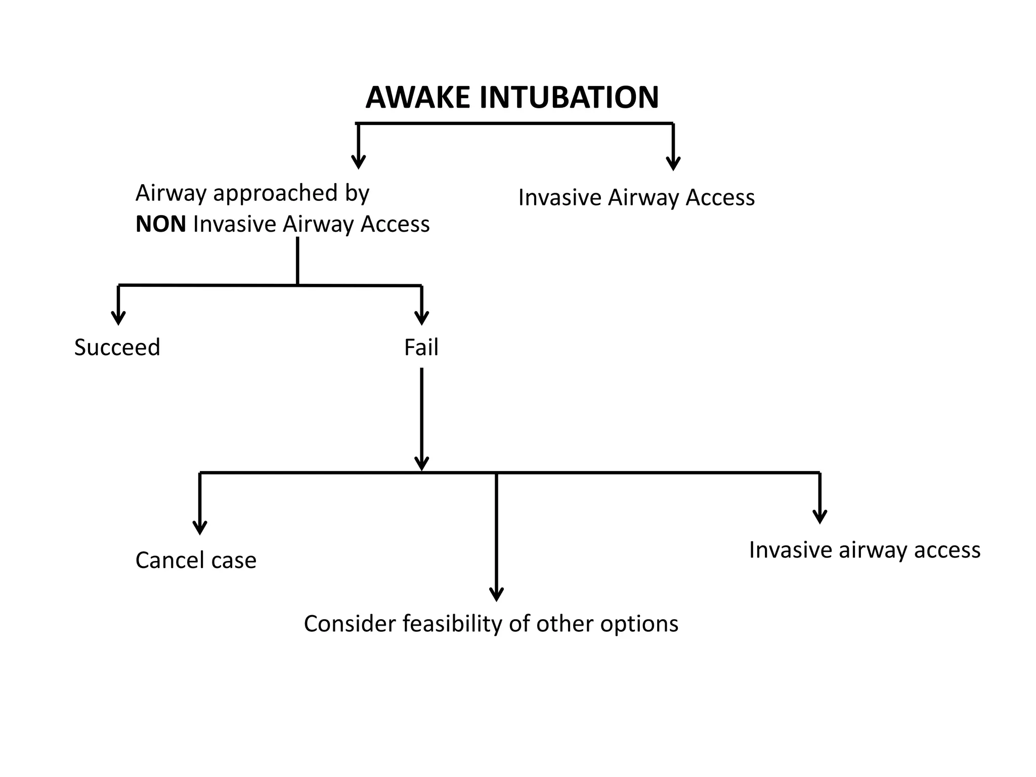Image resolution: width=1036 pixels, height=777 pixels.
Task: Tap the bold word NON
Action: (160, 224)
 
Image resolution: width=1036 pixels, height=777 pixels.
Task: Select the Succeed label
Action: (117, 348)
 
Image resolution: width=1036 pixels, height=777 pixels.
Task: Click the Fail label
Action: (421, 348)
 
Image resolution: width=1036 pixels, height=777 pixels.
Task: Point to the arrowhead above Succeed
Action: (118, 318)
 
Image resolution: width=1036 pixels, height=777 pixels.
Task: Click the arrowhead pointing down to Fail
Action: (421, 318)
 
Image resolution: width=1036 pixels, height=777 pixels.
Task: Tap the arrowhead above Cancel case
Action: (200, 527)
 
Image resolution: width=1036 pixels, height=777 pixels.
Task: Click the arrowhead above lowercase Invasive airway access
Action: (819, 516)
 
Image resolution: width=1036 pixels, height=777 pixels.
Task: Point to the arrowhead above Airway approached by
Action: (358, 161)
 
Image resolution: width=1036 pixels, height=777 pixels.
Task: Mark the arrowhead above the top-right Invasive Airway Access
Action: (673, 163)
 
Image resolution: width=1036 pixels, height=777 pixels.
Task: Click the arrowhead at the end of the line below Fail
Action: (421, 464)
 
